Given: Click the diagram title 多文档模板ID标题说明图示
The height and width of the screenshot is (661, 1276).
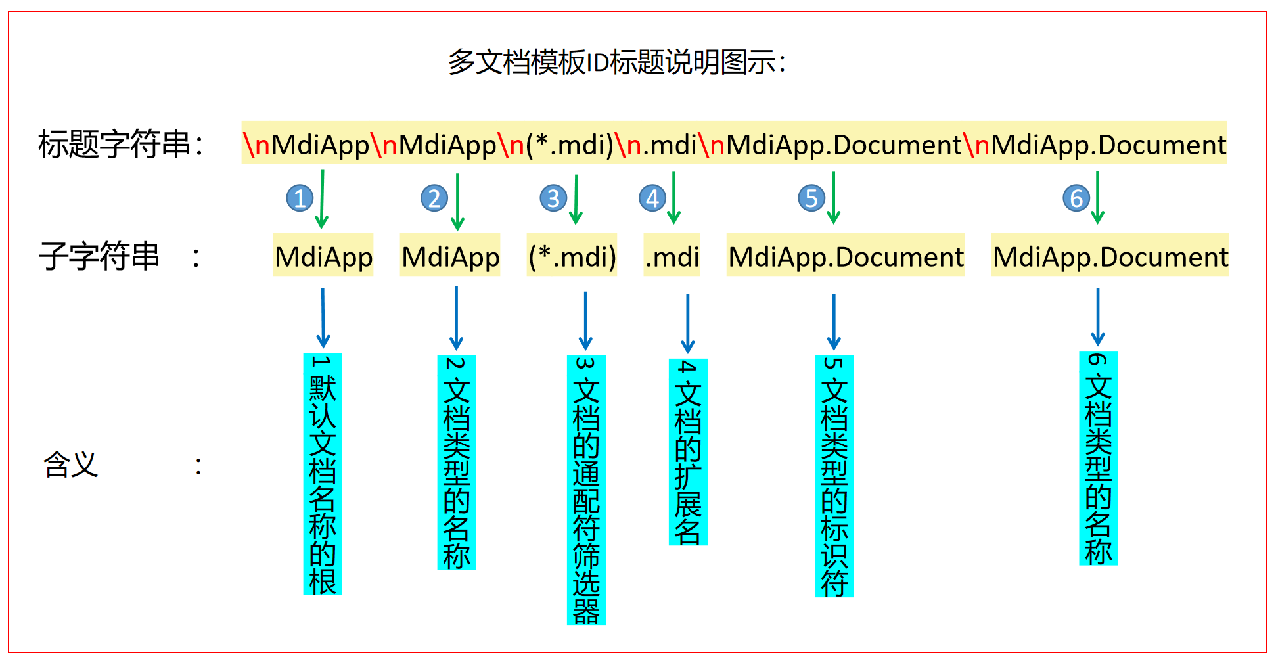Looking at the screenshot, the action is pos(616,63).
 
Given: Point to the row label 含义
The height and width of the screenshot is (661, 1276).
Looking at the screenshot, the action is pos(71,465).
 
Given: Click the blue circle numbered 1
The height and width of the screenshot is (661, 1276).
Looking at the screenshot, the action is pos(300,198).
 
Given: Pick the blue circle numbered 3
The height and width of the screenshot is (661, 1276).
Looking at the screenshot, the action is pos(553,198).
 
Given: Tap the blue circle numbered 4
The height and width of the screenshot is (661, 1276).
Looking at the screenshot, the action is pos(652,198).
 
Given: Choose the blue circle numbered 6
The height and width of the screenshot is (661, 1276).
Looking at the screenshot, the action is pos(1076,198).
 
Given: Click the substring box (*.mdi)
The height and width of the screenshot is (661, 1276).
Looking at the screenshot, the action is pos(572,256).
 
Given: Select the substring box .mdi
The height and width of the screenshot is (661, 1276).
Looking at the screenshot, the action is pos(672,256).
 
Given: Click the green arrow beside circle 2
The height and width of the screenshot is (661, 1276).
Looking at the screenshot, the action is pos(457,201).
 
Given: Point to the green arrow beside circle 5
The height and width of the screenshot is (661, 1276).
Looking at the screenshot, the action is pos(834,197).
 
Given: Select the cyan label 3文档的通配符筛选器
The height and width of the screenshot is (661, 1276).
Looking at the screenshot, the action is pos(586,490).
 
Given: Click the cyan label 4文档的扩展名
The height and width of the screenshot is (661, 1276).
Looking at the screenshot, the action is pos(688,452).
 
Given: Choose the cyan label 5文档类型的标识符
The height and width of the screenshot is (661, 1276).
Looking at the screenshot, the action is pos(834,476).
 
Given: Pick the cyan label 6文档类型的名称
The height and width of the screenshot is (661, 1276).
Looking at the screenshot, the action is pos(1099,459).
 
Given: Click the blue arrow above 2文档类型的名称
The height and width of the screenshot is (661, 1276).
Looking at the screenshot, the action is pos(456,318).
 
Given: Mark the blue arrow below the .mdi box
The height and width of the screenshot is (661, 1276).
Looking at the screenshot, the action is pos(688,323).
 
